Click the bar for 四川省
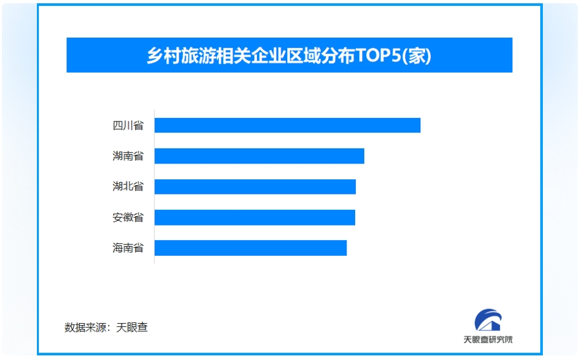287,125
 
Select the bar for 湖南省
260,156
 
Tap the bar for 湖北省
255,187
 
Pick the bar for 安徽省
254,218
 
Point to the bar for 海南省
250,248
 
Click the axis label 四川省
128,125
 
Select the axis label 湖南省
128,156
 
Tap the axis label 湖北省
128,186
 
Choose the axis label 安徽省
128,218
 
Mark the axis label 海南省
128,248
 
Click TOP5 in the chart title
377,55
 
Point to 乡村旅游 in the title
181,56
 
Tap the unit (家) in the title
416,56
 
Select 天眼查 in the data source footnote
132,328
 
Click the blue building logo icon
488,320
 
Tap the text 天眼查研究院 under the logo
488,340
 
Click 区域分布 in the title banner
320,56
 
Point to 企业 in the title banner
268,56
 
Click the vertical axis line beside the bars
154,186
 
